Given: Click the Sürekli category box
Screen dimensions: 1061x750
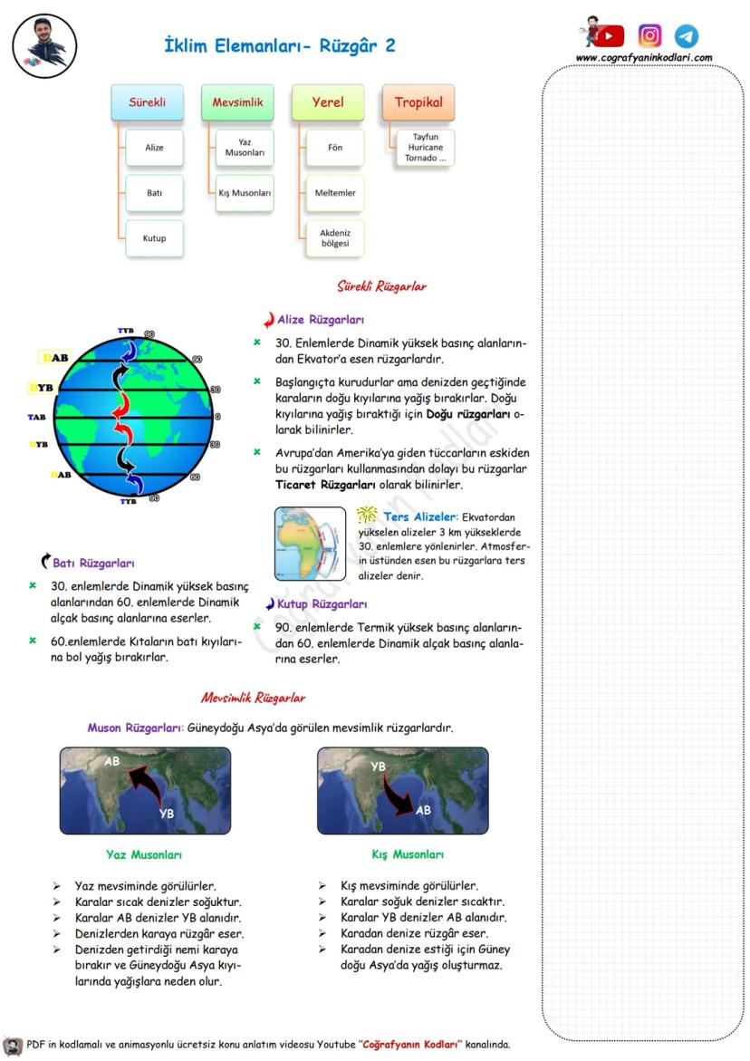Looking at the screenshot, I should click(147, 103).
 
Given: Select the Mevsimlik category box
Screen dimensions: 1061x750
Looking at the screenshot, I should click(237, 103).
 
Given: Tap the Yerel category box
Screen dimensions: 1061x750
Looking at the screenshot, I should click(328, 103).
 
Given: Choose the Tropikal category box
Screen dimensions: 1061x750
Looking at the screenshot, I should click(418, 103).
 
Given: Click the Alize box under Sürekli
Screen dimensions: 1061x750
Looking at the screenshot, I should click(155, 148).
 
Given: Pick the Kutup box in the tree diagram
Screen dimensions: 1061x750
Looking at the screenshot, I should click(155, 238).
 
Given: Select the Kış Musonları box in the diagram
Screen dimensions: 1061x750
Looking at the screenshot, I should click(245, 194).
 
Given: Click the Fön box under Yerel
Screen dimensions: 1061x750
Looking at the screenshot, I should click(335, 148).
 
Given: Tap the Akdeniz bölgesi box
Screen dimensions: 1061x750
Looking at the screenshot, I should click(335, 238).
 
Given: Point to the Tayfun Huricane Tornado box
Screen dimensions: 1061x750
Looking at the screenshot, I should click(425, 148).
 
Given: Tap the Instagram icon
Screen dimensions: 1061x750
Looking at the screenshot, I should click(649, 35).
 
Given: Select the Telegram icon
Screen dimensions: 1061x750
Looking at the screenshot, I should click(687, 36).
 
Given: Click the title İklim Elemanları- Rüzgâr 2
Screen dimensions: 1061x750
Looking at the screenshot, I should click(280, 45).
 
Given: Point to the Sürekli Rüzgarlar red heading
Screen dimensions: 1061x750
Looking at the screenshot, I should click(381, 286).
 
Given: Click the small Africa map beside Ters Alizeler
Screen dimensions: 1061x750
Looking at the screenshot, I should click(310, 544).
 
